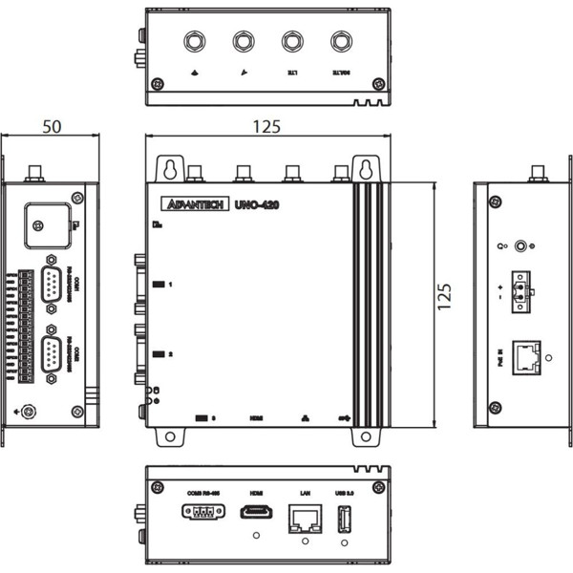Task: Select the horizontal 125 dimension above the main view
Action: click(x=268, y=126)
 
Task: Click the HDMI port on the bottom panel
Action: click(x=256, y=512)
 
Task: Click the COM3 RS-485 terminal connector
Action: click(x=197, y=512)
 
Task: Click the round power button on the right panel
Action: click(x=520, y=245)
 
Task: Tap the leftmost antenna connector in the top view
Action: click(x=195, y=42)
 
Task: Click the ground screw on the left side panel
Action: click(x=30, y=412)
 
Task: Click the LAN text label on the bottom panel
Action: click(x=305, y=493)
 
